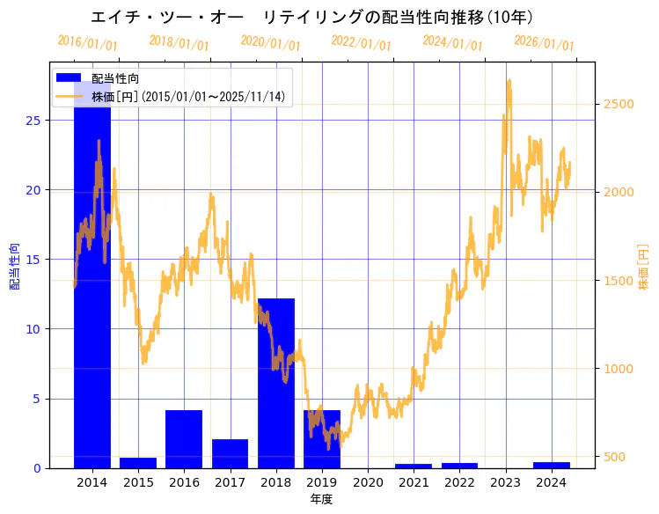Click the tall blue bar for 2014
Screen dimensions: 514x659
pyautogui.click(x=92, y=282)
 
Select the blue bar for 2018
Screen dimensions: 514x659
pyautogui.click(x=276, y=383)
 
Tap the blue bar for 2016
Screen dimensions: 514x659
pyautogui.click(x=184, y=439)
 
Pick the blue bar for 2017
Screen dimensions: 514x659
pyautogui.click(x=230, y=453)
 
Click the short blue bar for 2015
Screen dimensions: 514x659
pyautogui.click(x=138, y=463)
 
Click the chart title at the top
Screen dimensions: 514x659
pyautogui.click(x=312, y=17)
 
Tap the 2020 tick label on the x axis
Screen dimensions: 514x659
pyautogui.click(x=368, y=482)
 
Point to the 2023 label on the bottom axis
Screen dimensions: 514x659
pyautogui.click(x=505, y=482)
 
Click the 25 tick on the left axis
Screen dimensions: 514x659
pyautogui.click(x=35, y=121)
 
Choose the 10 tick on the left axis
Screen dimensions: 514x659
pyautogui.click(x=35, y=329)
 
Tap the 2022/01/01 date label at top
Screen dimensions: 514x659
pyautogui.click(x=362, y=43)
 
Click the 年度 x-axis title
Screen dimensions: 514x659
pyautogui.click(x=322, y=499)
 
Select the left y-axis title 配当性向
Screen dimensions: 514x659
pyautogui.click(x=14, y=266)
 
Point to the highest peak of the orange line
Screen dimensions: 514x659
pyautogui.click(x=509, y=80)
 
